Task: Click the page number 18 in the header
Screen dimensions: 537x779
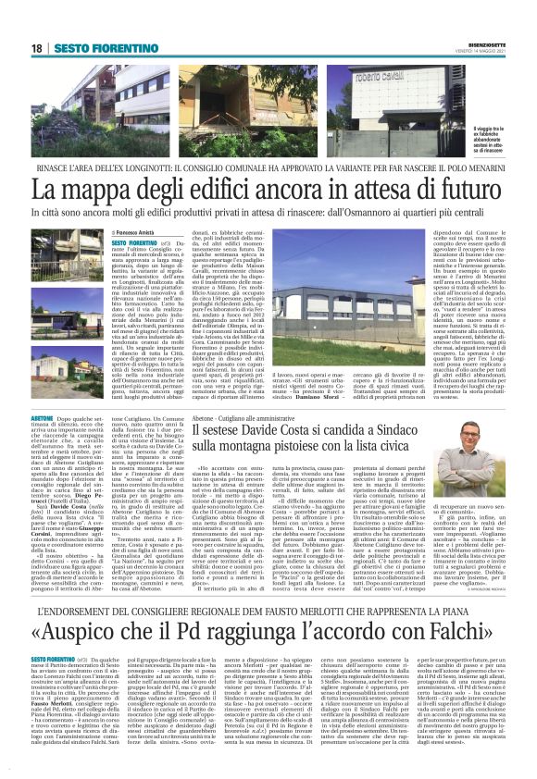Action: click(x=36, y=47)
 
